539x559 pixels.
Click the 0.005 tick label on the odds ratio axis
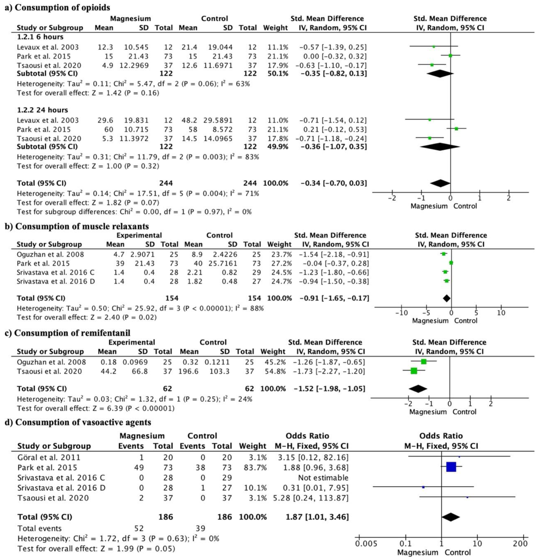[366, 543]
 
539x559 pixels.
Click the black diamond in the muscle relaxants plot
[447, 298]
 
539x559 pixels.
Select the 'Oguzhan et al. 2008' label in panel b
[50, 254]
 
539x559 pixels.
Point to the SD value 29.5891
[218, 120]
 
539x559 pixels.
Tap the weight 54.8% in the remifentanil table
[273, 371]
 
